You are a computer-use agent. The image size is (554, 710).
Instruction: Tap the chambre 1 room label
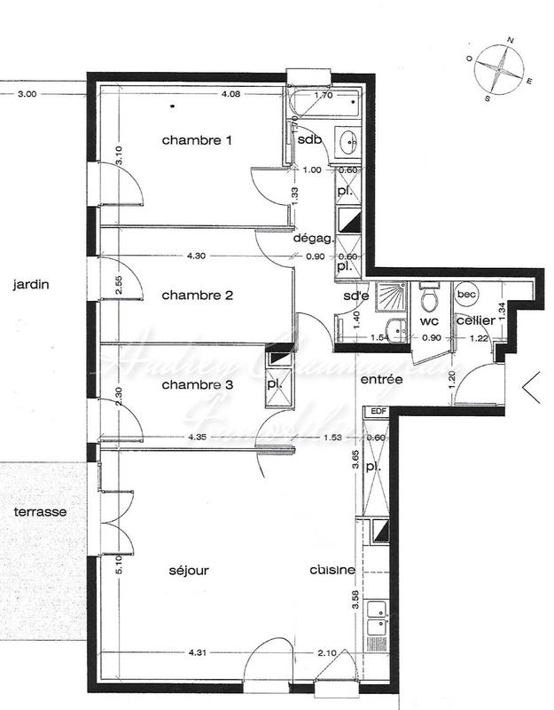pos(197,140)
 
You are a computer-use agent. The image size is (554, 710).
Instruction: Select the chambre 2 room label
pos(197,296)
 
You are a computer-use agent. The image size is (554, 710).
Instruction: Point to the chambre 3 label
pos(197,384)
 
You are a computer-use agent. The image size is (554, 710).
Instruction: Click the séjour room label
pos(188,570)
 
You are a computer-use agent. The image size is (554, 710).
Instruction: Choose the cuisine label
pos(333,570)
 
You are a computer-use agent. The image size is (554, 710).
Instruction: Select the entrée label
pos(382,379)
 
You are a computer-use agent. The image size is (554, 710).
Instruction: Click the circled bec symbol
pos(466,293)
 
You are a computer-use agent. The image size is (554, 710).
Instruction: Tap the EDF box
pos(378,411)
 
